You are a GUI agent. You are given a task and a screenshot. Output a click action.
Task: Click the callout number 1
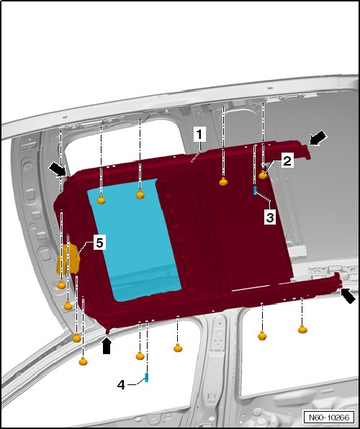[199, 135]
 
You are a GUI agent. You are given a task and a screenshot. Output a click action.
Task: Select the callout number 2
[287, 161]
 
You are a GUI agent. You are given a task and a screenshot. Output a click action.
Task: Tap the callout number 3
[270, 218]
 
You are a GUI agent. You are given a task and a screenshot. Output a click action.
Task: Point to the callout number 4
[121, 385]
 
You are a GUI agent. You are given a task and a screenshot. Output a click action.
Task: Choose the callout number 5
[99, 243]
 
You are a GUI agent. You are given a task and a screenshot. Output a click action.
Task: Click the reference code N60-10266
[329, 417]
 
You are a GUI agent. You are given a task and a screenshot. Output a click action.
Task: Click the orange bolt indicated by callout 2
[263, 174]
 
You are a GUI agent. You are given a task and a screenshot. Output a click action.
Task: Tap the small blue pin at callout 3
[255, 191]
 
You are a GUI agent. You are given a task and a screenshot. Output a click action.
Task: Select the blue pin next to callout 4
[147, 377]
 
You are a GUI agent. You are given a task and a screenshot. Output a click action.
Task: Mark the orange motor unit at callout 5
[68, 258]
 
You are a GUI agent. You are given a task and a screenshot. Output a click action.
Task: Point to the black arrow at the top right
[318, 138]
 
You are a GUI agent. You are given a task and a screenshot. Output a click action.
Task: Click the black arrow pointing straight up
[107, 346]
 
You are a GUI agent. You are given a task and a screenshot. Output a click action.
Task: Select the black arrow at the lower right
[348, 296]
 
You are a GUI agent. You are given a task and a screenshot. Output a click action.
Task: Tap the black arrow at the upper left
[58, 169]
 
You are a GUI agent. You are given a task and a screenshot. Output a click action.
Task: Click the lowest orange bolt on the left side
[83, 361]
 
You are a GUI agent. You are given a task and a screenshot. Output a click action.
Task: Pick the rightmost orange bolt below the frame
[302, 329]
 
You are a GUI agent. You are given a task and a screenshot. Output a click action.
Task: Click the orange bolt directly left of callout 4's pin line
[140, 356]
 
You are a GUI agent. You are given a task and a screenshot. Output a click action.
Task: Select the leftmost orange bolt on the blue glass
[102, 199]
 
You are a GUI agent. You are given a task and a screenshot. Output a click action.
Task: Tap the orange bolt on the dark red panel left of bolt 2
[224, 181]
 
